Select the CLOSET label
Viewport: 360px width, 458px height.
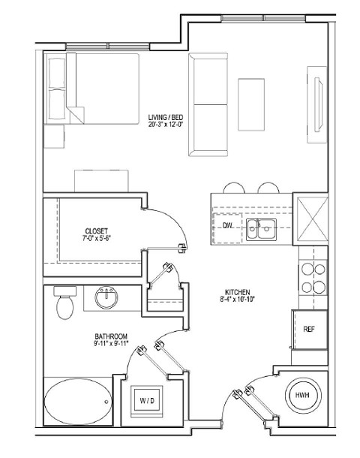(97, 231)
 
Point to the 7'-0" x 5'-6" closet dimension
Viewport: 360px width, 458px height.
(97, 239)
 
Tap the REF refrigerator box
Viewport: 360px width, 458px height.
(308, 329)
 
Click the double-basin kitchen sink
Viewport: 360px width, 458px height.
(262, 229)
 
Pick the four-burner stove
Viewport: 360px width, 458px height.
(313, 278)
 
